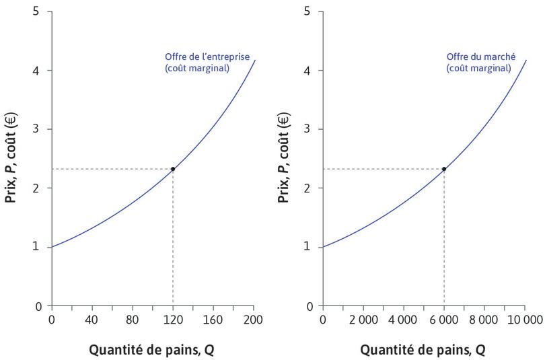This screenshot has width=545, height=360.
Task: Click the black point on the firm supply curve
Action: pyautogui.click(x=173, y=169)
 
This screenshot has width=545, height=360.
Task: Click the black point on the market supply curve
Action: pyautogui.click(x=444, y=169)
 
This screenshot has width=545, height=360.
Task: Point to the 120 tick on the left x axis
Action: pyautogui.click(x=173, y=319)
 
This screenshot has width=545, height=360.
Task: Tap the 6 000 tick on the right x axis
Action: pyautogui.click(x=444, y=319)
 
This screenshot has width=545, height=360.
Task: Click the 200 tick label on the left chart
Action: pyautogui.click(x=254, y=319)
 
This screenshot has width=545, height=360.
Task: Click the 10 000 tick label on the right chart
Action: pyautogui.click(x=525, y=319)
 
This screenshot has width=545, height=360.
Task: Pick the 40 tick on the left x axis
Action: pyautogui.click(x=92, y=319)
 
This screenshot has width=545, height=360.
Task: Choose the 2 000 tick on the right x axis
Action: pyautogui.click(x=363, y=319)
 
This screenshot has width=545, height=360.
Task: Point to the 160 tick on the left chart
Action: pyautogui.click(x=213, y=319)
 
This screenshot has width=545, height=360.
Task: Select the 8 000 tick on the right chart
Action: pyautogui.click(x=484, y=319)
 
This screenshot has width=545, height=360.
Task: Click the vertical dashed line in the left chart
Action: pyautogui.click(x=173, y=242)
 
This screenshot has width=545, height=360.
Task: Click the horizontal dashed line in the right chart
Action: pyautogui.click(x=384, y=169)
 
